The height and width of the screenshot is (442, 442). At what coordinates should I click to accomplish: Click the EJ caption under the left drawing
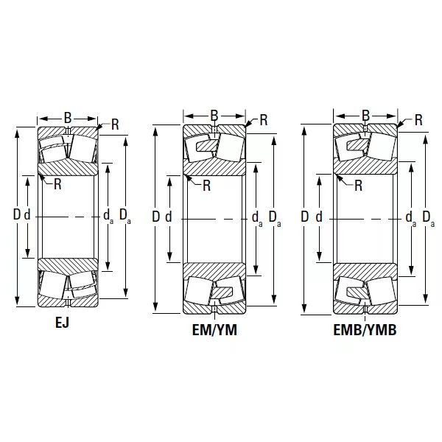[x=62, y=323]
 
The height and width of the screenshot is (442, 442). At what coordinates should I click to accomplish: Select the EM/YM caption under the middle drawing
[x=214, y=330]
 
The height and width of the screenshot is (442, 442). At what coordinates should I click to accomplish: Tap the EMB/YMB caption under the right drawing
[x=365, y=330]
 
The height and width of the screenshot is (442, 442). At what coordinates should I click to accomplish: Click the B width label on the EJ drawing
[x=68, y=118]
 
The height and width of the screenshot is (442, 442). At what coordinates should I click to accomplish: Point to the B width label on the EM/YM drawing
[x=214, y=116]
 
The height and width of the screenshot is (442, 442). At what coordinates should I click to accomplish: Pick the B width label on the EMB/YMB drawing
[x=365, y=116]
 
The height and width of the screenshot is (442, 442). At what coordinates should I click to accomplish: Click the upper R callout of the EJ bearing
[x=115, y=124]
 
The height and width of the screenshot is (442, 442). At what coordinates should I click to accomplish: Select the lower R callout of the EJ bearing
[x=57, y=184]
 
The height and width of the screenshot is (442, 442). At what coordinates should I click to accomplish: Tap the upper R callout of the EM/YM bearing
[x=264, y=120]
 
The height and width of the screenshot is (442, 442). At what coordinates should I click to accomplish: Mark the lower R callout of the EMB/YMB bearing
[x=358, y=186]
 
